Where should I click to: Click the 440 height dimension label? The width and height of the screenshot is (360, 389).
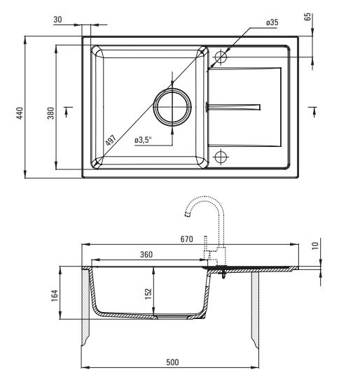click(20, 113)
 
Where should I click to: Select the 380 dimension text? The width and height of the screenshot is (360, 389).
click(50, 113)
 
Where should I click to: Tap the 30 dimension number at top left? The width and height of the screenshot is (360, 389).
click(57, 20)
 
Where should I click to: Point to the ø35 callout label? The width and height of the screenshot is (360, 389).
click(272, 22)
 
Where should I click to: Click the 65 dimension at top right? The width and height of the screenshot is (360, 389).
click(307, 17)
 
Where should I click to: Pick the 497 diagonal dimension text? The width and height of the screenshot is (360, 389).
click(111, 141)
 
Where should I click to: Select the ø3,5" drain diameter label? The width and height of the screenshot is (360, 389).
click(143, 140)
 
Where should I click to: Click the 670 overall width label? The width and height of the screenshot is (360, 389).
click(187, 239)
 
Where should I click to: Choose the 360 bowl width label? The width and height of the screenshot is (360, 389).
click(146, 255)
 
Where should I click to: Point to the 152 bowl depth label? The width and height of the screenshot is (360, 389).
click(148, 293)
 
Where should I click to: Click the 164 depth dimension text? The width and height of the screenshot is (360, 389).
click(55, 295)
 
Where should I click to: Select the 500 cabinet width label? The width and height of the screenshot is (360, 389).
click(172, 362)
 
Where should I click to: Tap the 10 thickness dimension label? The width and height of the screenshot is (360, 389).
click(314, 246)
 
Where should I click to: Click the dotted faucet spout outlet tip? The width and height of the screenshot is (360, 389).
click(188, 215)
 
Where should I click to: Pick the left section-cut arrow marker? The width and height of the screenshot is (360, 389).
click(67, 112)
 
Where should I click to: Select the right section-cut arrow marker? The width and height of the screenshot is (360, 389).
click(313, 112)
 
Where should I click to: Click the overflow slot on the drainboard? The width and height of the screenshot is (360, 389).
click(233, 107)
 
